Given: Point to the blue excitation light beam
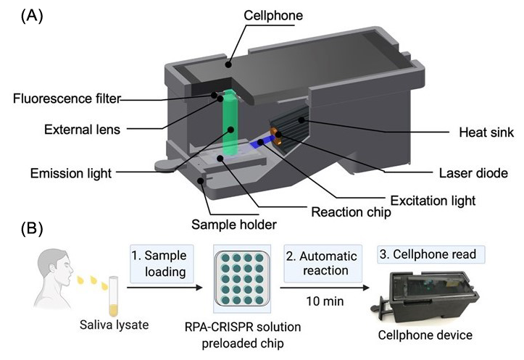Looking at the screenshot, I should [258, 145].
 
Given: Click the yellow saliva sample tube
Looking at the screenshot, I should [113, 293].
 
